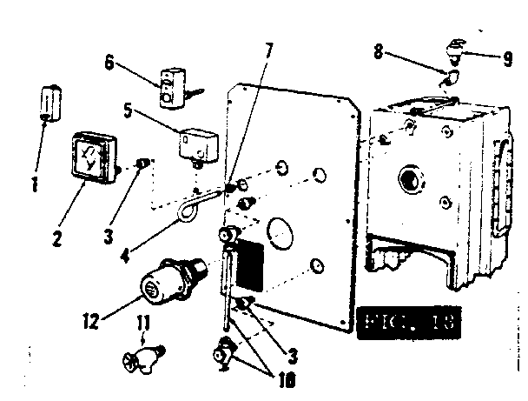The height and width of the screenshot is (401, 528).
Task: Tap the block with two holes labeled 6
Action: click(x=173, y=88)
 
